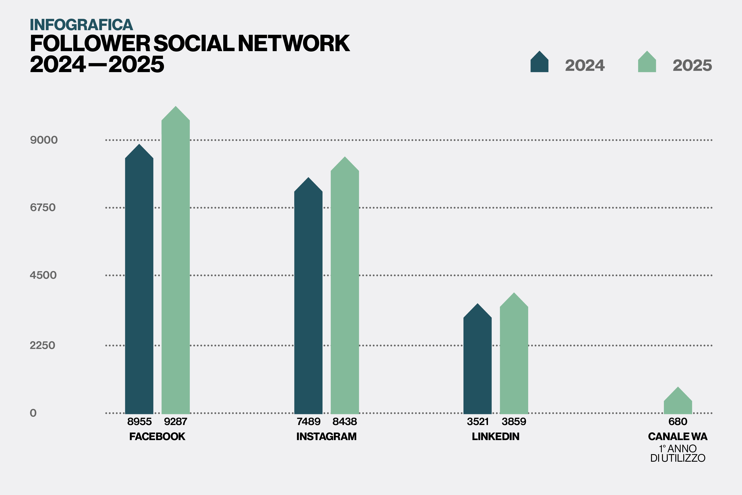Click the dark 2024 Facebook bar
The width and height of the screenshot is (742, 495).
[x=139, y=284]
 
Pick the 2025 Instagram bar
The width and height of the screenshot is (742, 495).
[x=345, y=290]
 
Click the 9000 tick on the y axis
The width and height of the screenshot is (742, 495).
[x=44, y=140]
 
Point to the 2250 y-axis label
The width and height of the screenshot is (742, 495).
[x=43, y=345]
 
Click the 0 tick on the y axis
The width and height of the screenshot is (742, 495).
[x=33, y=413]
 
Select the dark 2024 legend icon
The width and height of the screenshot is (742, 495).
[x=539, y=62]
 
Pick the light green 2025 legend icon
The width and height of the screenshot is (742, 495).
[x=647, y=62]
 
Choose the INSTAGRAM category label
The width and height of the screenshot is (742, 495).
[x=326, y=437]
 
